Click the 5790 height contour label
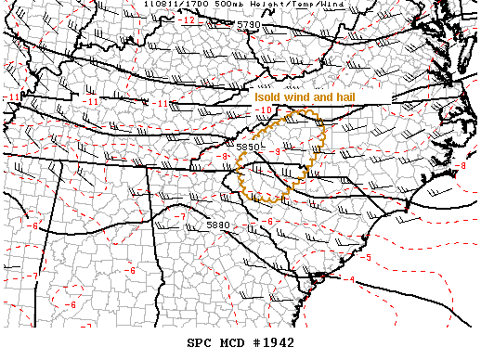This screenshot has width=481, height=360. pos(248,25)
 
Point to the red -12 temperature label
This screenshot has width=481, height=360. pos(188,19)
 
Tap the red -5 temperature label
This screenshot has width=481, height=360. pos(368,258)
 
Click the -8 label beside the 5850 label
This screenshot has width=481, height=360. pos(225,156)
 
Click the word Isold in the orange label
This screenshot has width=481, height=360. pos(270,96)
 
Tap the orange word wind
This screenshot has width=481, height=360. pos(305,96)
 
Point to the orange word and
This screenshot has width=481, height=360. pos(333,96)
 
